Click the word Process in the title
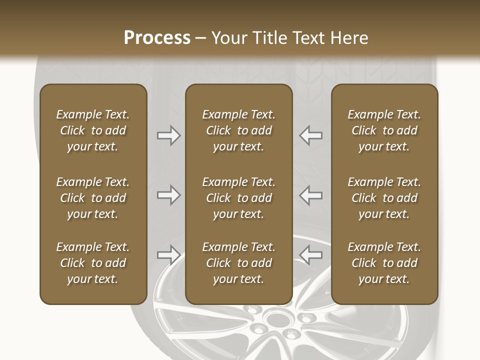click(157, 38)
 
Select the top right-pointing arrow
click(169, 135)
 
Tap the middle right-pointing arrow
click(169, 195)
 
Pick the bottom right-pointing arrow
click(169, 255)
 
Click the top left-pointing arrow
click(310, 135)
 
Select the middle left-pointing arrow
click(310, 195)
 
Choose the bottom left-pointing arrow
click(310, 255)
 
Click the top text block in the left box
click(93, 130)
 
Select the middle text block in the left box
click(93, 198)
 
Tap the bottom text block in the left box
click(93, 263)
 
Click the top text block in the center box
click(238, 130)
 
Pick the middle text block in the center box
click(238, 198)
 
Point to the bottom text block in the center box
click(238, 263)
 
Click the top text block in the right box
click(384, 130)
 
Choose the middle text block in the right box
click(384, 198)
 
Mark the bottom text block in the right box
click(384, 263)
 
